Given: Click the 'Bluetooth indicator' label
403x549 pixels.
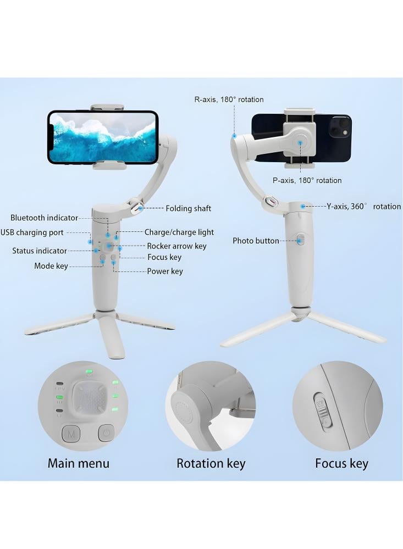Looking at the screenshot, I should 44,218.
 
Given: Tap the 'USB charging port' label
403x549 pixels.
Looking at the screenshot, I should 32,232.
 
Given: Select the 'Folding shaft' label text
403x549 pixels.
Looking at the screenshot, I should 189,209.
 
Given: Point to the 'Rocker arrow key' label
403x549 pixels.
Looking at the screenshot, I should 176,246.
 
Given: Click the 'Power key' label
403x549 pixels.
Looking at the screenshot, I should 165,271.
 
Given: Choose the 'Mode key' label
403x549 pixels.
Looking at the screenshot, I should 51,267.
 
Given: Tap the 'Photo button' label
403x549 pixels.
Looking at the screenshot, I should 256,241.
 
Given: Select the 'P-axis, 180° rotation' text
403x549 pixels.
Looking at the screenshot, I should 307,180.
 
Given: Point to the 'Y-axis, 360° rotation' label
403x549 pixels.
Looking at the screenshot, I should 363,207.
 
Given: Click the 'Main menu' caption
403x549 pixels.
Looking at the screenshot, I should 79,463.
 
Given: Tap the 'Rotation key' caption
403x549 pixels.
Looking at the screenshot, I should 211,463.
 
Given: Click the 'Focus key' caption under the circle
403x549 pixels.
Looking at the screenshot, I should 341,463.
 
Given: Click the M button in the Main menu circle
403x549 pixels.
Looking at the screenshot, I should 71,434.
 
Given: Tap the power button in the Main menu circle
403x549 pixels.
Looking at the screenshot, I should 107,434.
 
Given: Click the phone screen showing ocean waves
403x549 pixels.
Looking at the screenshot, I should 103,137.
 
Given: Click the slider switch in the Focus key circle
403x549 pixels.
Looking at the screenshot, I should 322,409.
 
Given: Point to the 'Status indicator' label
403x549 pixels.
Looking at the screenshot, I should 40,251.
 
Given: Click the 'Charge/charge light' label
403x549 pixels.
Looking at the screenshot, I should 179,232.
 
